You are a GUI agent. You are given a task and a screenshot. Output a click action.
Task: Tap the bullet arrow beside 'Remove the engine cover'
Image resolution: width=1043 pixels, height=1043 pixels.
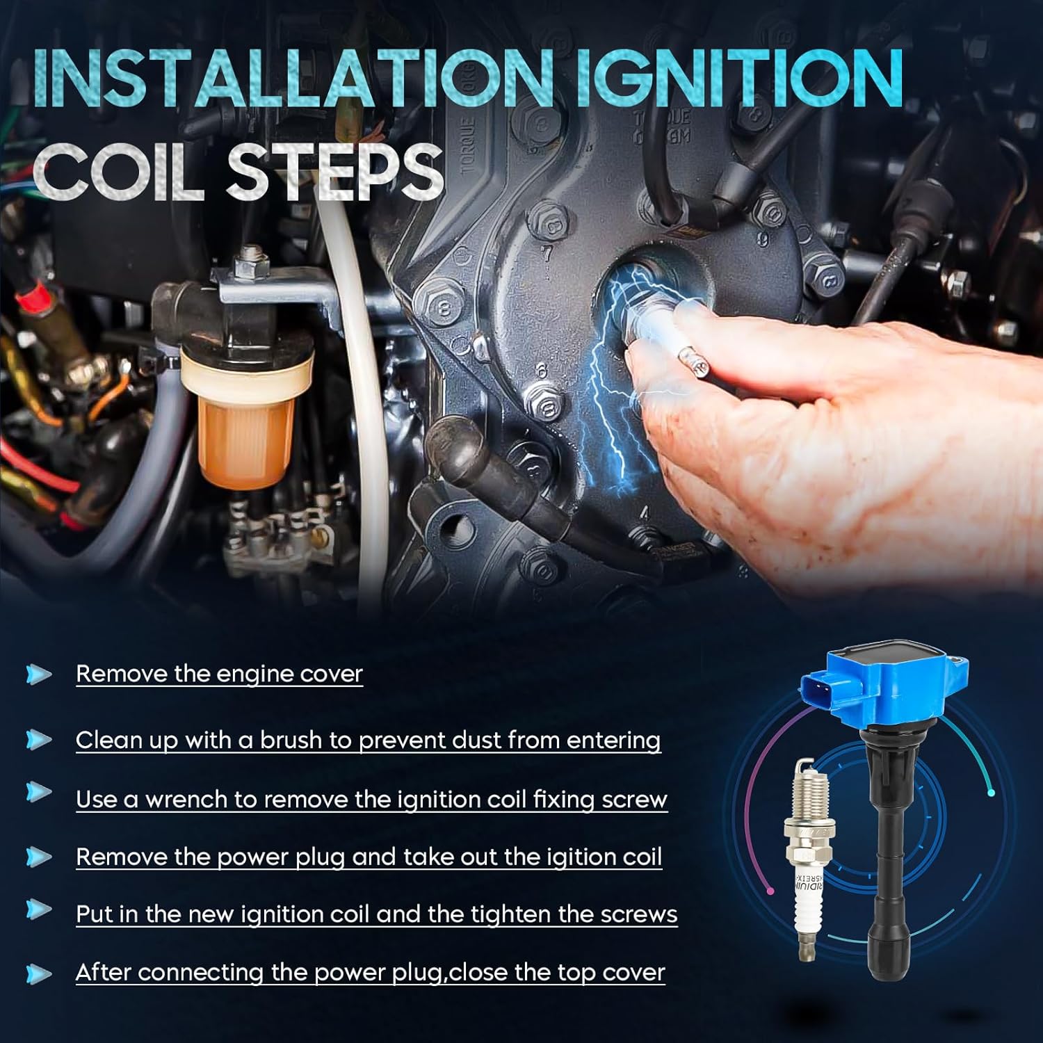38,674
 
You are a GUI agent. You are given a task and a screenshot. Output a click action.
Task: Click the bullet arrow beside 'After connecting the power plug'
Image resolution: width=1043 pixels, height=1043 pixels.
38,973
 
